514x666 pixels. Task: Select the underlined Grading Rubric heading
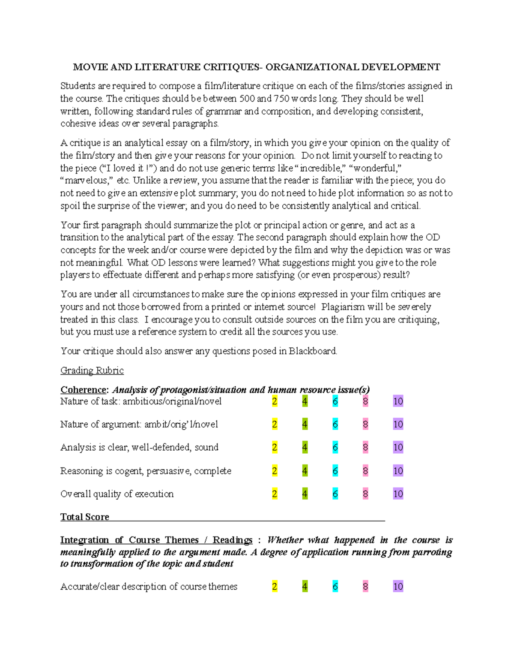(92, 371)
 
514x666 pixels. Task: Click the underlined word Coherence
(84, 390)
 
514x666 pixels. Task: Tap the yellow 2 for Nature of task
(275, 401)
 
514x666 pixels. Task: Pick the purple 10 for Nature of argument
(398, 425)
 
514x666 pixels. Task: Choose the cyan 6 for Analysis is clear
(335, 448)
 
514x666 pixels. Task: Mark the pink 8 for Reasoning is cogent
(365, 471)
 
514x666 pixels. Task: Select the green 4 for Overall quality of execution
(305, 494)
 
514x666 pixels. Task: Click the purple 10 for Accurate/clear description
(398, 587)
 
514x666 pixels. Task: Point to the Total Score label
(85, 517)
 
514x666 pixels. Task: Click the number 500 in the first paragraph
(247, 99)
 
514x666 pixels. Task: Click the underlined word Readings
(233, 540)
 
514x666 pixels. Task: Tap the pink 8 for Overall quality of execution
(365, 494)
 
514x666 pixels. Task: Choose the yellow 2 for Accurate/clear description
(275, 587)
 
